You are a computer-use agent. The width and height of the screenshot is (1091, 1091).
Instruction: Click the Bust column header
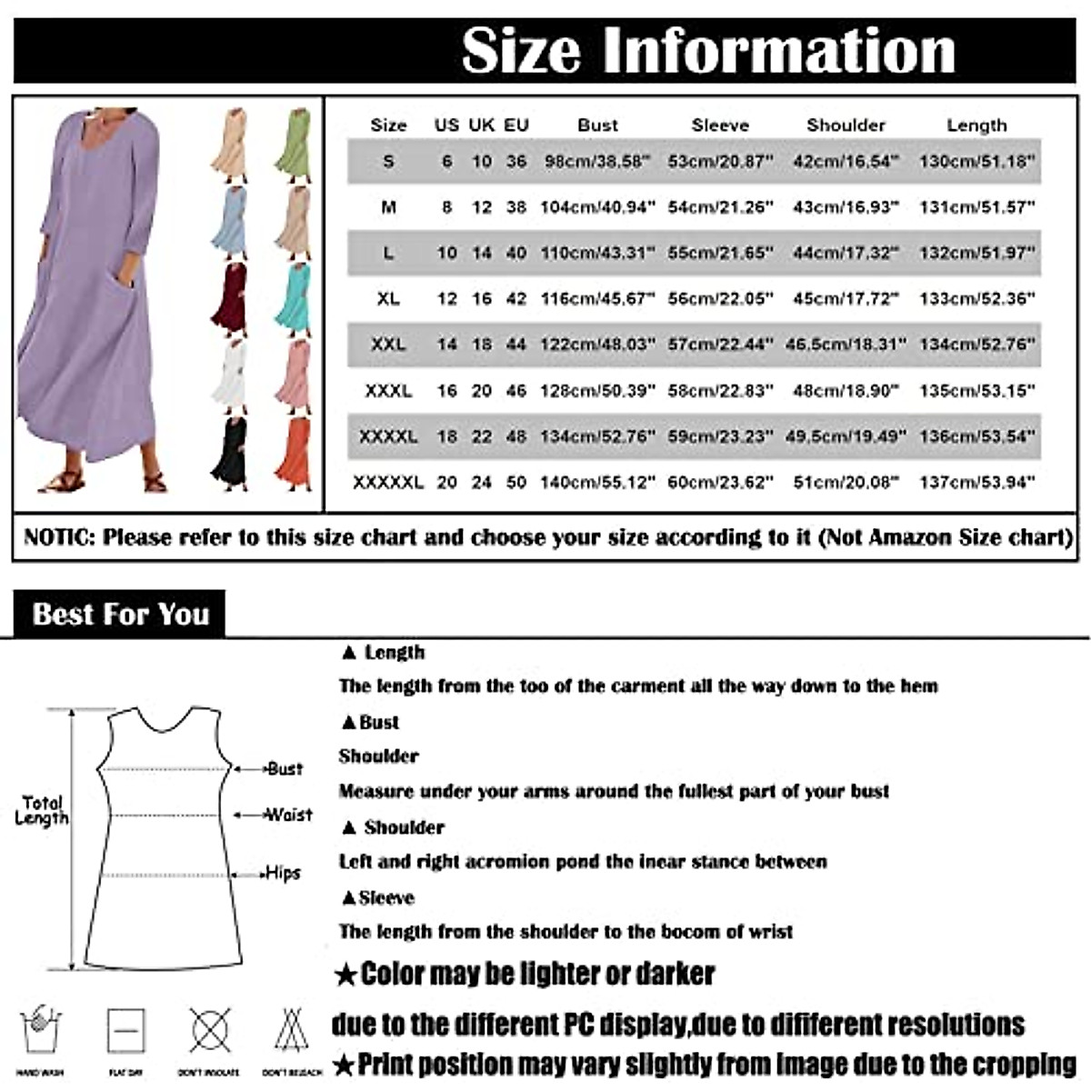tap(597, 125)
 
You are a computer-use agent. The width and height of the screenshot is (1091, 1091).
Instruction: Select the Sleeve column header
tap(720, 125)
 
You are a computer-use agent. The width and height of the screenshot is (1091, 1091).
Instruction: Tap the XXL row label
tap(388, 345)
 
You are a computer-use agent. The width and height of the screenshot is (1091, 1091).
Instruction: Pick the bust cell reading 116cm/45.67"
tap(597, 298)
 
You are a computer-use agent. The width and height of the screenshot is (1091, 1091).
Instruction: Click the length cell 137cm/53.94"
tap(977, 482)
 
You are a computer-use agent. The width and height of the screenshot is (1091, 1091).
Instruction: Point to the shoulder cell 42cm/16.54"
tap(846, 161)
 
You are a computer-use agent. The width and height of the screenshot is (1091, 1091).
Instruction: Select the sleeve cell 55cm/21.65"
tap(720, 253)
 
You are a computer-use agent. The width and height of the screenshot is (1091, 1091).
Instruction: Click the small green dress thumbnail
tap(294, 145)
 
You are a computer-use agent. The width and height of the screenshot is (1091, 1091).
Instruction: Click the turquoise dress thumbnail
tap(294, 299)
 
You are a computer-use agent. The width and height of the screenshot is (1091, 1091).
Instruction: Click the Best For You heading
tap(120, 615)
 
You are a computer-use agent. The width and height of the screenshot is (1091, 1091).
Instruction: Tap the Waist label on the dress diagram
tap(288, 815)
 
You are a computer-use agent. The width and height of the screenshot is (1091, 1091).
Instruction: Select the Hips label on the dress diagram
tap(282, 873)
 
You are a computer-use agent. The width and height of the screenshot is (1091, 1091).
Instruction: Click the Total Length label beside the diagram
tap(42, 809)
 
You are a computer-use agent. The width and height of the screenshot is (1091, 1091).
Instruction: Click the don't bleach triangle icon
tap(291, 1031)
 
